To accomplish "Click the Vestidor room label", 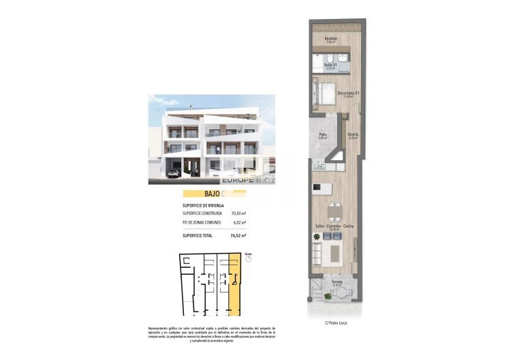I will pos(330,39).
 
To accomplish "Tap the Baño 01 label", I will pos(330,65).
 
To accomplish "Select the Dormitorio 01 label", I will pos(347,93).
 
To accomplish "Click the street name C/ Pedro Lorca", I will pos(337,322).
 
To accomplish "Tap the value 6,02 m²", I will pos(239,222).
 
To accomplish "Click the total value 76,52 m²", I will pos(238,236).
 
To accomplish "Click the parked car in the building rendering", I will pos(172,173).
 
